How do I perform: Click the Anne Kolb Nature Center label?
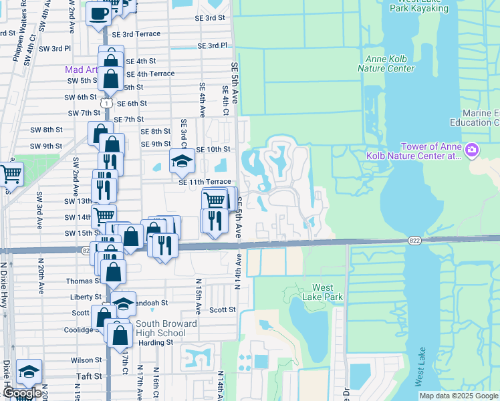(x=386, y=63)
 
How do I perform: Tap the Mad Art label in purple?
(x=81, y=70)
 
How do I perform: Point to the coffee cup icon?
(x=98, y=13)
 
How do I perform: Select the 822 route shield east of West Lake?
(x=415, y=240)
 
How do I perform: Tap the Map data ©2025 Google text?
(x=458, y=396)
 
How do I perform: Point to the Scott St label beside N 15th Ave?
(x=223, y=310)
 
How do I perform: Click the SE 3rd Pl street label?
(x=213, y=45)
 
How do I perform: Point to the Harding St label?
(x=155, y=343)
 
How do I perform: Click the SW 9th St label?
(x=46, y=146)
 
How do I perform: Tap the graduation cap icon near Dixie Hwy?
(x=29, y=372)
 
